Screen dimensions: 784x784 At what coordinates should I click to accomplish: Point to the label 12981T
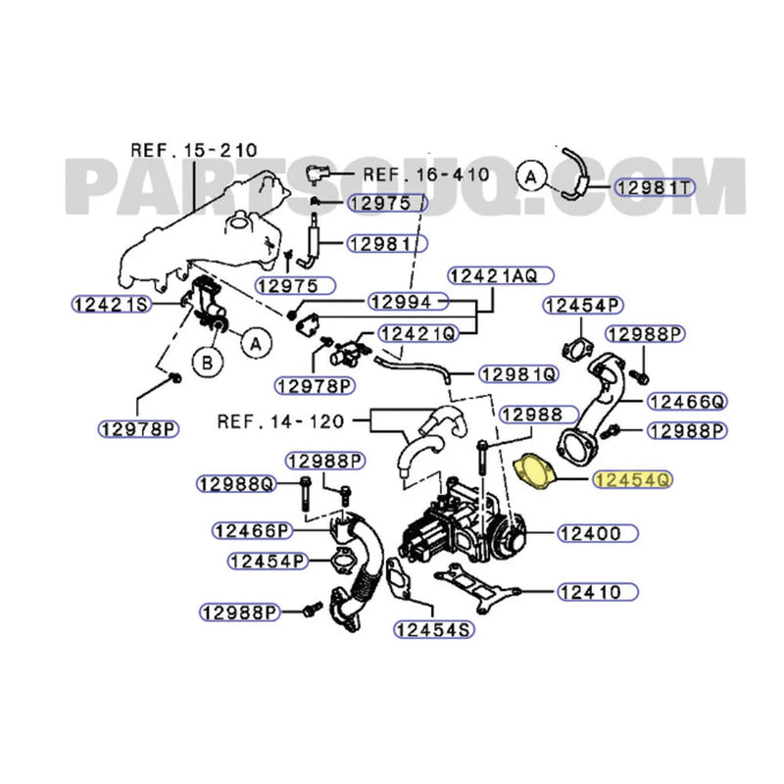654,186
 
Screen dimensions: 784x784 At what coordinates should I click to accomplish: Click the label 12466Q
689,401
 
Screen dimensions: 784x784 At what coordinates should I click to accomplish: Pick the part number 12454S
432,629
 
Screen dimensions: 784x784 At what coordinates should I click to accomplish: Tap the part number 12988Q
236,483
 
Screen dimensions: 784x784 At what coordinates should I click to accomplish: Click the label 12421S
110,304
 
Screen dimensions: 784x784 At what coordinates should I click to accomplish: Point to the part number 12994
407,301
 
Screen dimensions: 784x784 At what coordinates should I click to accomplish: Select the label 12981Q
518,373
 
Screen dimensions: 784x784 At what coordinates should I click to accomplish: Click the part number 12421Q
418,333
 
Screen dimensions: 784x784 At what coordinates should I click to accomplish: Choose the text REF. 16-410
424,174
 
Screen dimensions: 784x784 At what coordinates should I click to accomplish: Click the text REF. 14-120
280,422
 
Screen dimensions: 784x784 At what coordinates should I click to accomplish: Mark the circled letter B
207,363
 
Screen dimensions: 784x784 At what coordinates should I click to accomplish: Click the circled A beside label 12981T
530,176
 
